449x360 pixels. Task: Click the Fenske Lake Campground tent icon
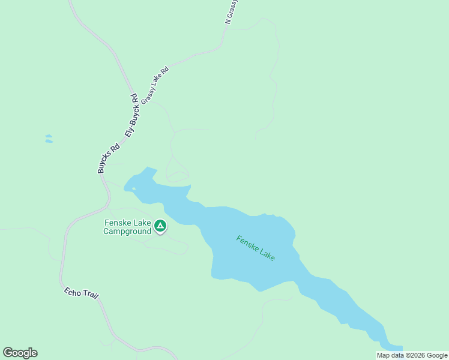tap(160, 226)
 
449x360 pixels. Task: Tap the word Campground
tap(127, 232)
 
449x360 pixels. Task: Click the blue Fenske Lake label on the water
tap(256, 248)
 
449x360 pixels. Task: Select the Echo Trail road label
tap(81, 294)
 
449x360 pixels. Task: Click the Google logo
tap(20, 353)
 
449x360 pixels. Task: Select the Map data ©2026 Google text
tap(412, 355)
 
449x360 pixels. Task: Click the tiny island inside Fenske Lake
tap(134, 189)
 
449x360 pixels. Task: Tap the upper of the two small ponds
tap(48, 136)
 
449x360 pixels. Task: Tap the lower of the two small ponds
tap(49, 142)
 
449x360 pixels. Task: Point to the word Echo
tap(71, 292)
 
